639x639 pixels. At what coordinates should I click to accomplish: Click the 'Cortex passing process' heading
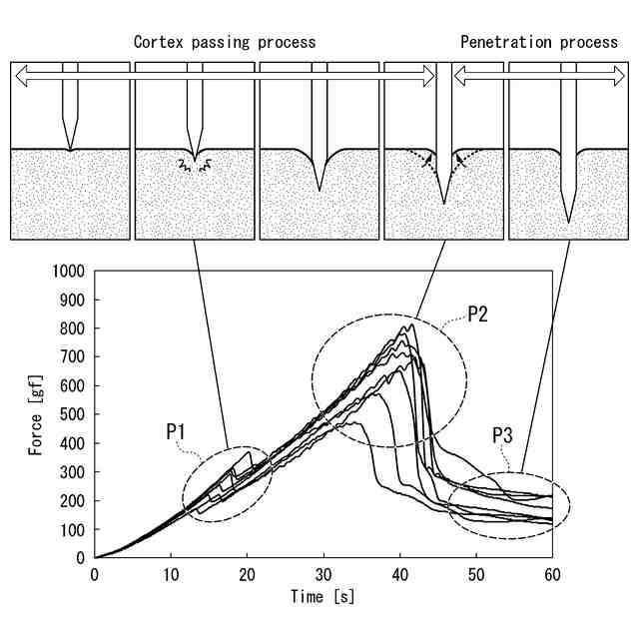click(225, 42)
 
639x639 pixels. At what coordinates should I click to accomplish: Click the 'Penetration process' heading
click(539, 42)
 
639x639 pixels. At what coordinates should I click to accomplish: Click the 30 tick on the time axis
click(323, 576)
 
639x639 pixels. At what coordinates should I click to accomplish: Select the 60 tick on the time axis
click(552, 576)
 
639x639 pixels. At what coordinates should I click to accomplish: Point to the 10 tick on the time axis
click(171, 576)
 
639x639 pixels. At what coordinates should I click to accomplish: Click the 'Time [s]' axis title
click(322, 597)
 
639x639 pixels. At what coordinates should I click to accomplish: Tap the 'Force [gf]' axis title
click(36, 414)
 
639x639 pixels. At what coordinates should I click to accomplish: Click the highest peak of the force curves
click(408, 324)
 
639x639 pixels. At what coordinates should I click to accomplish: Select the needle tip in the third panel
click(319, 189)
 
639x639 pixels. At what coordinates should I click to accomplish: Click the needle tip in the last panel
click(569, 221)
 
